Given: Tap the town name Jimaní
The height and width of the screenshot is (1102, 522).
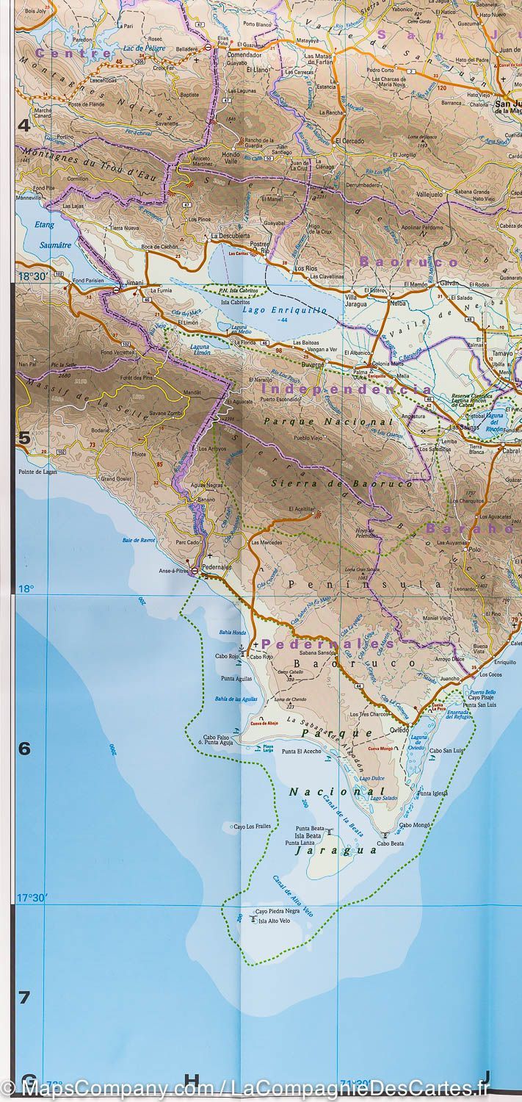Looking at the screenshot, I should pos(134,282).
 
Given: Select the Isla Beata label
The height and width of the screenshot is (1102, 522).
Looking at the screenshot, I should pos(308,835).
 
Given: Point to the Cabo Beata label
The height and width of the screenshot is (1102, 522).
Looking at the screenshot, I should pos(391,843).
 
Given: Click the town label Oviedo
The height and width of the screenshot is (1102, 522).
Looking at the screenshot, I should pos(399,730).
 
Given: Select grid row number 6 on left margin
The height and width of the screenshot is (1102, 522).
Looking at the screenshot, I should pos(25,748).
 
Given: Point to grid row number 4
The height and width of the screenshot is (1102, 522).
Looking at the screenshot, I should pos(25,125).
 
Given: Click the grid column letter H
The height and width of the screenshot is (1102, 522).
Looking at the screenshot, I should pos(192,1079).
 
